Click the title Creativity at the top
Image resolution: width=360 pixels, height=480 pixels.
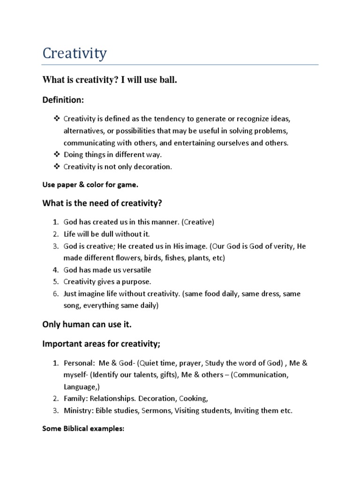point(75,53)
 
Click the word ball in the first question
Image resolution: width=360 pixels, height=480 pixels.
point(168,81)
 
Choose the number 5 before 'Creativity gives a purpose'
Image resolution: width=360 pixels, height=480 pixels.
point(55,282)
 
